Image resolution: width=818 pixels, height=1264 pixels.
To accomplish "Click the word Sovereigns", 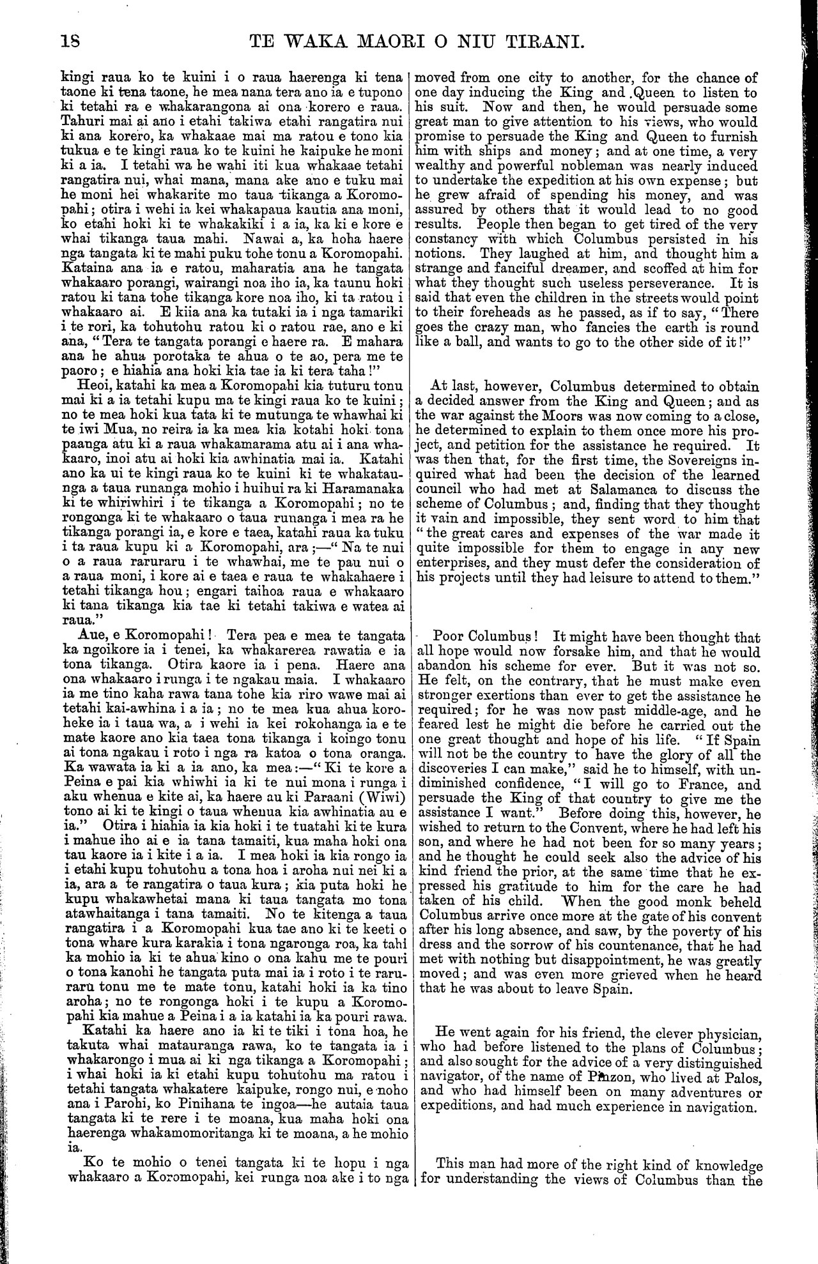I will tap(702, 461).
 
